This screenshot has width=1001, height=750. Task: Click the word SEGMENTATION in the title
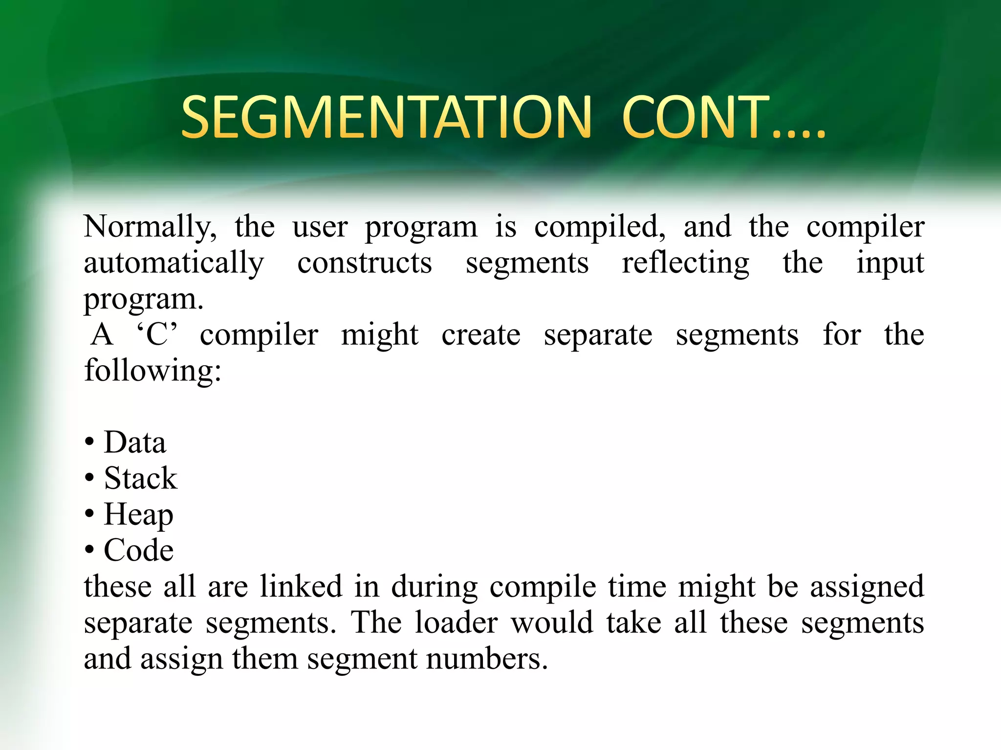click(386, 117)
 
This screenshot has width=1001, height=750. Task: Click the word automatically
click(174, 264)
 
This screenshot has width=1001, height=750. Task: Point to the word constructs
click(365, 264)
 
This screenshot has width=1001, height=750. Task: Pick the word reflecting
click(685, 264)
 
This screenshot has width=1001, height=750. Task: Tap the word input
click(890, 264)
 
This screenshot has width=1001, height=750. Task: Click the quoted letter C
click(157, 335)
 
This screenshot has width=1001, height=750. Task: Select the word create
click(481, 335)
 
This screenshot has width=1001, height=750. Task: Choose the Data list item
click(135, 442)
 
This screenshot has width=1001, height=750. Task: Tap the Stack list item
click(140, 479)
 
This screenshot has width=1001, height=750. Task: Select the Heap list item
click(138, 515)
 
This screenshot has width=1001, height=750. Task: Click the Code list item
click(138, 550)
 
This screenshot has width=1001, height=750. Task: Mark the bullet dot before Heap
click(89, 514)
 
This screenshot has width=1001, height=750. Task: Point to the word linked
click(301, 586)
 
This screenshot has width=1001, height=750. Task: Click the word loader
click(456, 623)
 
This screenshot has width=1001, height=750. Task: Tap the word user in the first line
click(320, 228)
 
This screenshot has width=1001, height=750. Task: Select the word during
click(435, 586)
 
